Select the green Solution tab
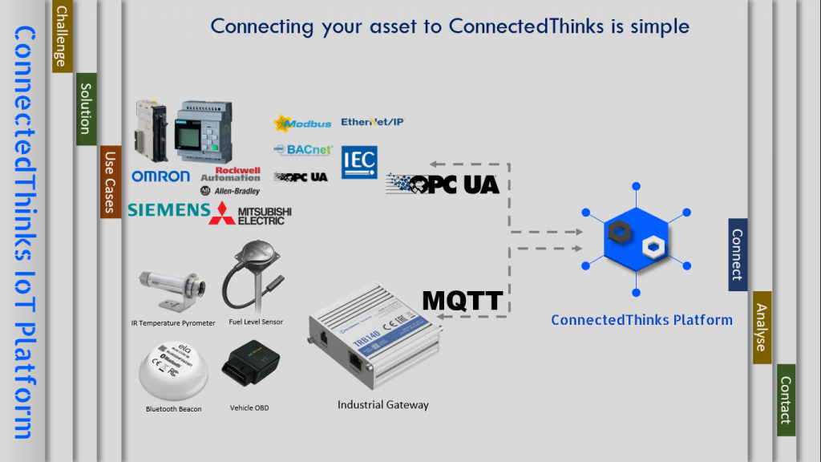(x=86, y=110)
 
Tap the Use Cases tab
(x=110, y=182)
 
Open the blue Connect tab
(x=738, y=254)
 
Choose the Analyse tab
(x=762, y=327)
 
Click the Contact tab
(x=786, y=399)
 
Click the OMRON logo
(x=160, y=176)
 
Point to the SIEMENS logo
(x=168, y=210)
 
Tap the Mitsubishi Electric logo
(x=250, y=213)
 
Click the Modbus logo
(x=302, y=124)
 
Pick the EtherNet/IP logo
(x=373, y=122)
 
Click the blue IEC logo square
(x=359, y=162)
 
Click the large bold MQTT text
(x=463, y=301)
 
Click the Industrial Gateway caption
(x=382, y=405)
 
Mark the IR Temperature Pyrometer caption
(x=173, y=323)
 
